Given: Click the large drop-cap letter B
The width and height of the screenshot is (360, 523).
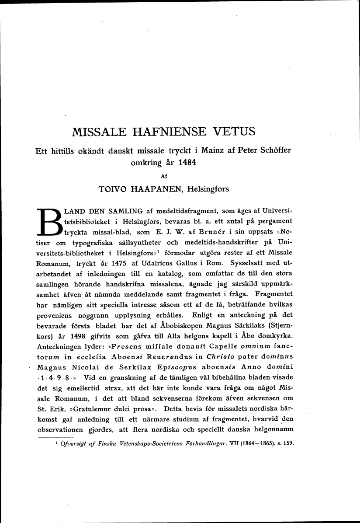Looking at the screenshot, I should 48,222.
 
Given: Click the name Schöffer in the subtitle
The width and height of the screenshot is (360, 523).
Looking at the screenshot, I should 273,150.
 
